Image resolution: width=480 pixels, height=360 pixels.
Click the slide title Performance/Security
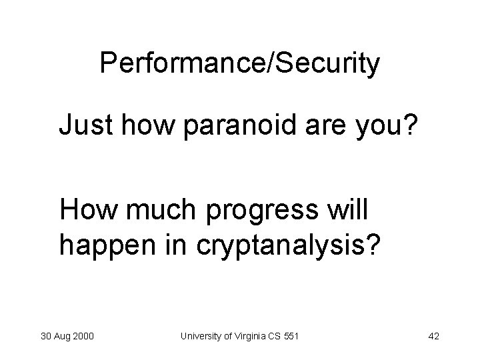[x=240, y=64]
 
